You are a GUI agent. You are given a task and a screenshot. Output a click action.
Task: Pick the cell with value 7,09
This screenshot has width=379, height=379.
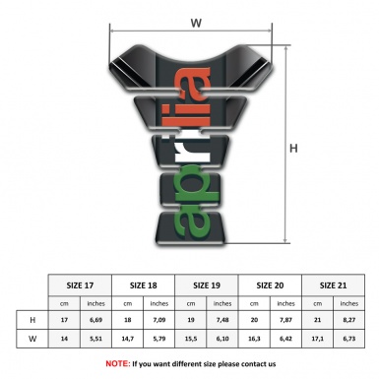point(160,321)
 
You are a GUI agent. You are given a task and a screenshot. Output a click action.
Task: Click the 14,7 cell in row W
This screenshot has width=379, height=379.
point(129,341)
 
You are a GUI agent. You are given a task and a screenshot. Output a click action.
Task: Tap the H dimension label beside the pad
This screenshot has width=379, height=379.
point(294,149)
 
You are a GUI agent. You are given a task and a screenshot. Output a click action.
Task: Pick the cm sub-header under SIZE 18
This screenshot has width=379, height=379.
point(129,303)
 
